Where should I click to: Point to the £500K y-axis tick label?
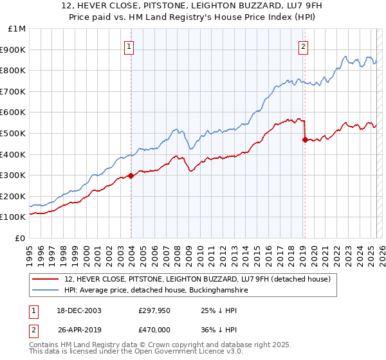[14, 133]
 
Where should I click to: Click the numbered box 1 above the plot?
[129, 46]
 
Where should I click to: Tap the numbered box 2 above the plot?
[303, 46]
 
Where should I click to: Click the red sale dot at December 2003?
[131, 175]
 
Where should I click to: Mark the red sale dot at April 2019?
[304, 139]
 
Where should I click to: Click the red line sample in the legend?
[45, 279]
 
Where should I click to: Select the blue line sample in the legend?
[45, 291]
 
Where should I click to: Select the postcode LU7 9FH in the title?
[287, 6]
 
